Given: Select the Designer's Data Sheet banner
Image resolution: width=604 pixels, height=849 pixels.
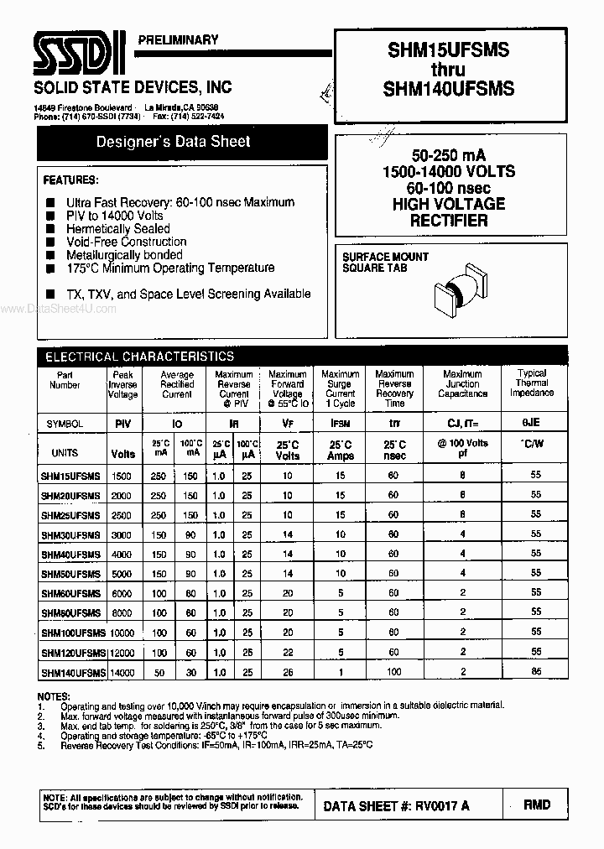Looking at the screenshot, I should click(x=173, y=142).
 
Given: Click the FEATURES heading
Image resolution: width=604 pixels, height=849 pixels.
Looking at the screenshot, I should click(x=70, y=180).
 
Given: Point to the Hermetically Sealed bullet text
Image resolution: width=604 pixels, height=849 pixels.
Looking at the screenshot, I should click(x=117, y=228).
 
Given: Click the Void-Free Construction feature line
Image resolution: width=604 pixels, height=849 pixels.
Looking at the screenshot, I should click(x=126, y=242).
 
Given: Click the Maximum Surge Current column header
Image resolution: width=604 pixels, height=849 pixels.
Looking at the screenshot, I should click(x=341, y=388).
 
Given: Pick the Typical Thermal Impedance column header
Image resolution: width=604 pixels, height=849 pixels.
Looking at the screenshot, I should click(x=532, y=383).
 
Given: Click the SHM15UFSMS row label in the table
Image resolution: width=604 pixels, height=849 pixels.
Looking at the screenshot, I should click(x=70, y=476).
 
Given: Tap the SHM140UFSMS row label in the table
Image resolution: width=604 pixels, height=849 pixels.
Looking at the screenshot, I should click(x=73, y=673).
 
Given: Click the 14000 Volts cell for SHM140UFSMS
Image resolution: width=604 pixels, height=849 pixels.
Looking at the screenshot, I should click(x=122, y=673).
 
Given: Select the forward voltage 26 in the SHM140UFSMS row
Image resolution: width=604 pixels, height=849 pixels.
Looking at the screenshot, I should click(x=288, y=672).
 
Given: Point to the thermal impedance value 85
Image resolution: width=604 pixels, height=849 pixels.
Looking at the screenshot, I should click(x=536, y=671).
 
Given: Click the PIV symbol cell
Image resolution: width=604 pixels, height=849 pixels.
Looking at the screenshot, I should click(x=122, y=424).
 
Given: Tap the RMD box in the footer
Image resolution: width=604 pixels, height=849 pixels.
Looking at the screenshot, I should click(x=537, y=805).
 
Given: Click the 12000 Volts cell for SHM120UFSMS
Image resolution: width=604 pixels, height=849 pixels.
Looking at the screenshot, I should click(x=122, y=653).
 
